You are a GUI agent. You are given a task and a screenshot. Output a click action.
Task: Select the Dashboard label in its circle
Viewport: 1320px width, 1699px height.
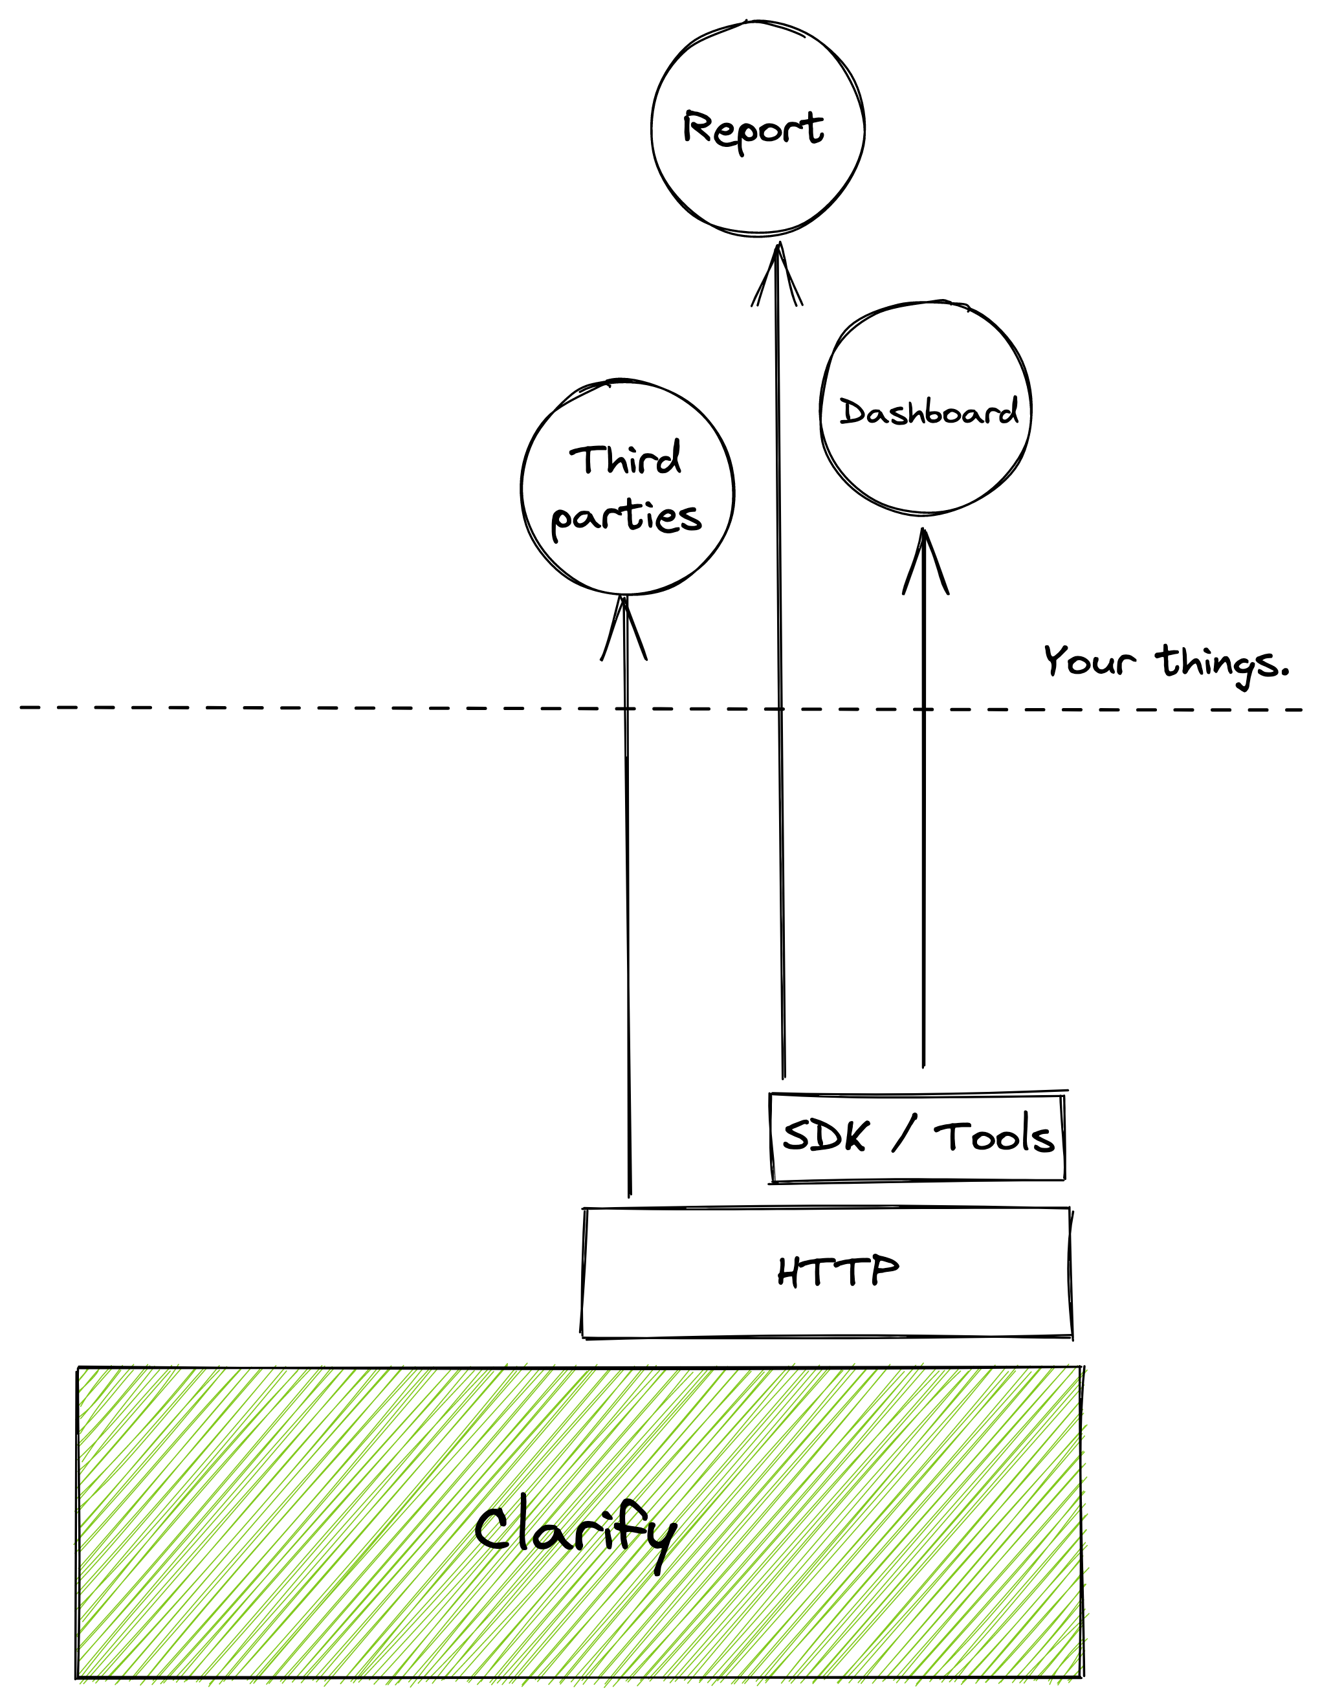pyautogui.click(x=928, y=412)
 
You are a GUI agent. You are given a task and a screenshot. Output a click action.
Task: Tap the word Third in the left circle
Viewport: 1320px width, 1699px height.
pyautogui.click(x=626, y=459)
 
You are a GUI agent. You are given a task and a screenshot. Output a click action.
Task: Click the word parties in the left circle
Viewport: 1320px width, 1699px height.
pyautogui.click(x=626, y=516)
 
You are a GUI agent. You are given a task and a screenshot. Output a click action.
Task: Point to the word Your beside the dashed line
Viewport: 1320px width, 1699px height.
pyautogui.click(x=1089, y=661)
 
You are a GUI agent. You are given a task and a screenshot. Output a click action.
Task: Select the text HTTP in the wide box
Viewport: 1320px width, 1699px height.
pyautogui.click(x=838, y=1272)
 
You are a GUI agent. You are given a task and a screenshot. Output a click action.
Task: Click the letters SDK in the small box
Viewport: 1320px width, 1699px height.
pyautogui.click(x=823, y=1137)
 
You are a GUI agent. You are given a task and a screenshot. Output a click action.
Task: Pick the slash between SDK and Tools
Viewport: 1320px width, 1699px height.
pyautogui.click(x=904, y=1133)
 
